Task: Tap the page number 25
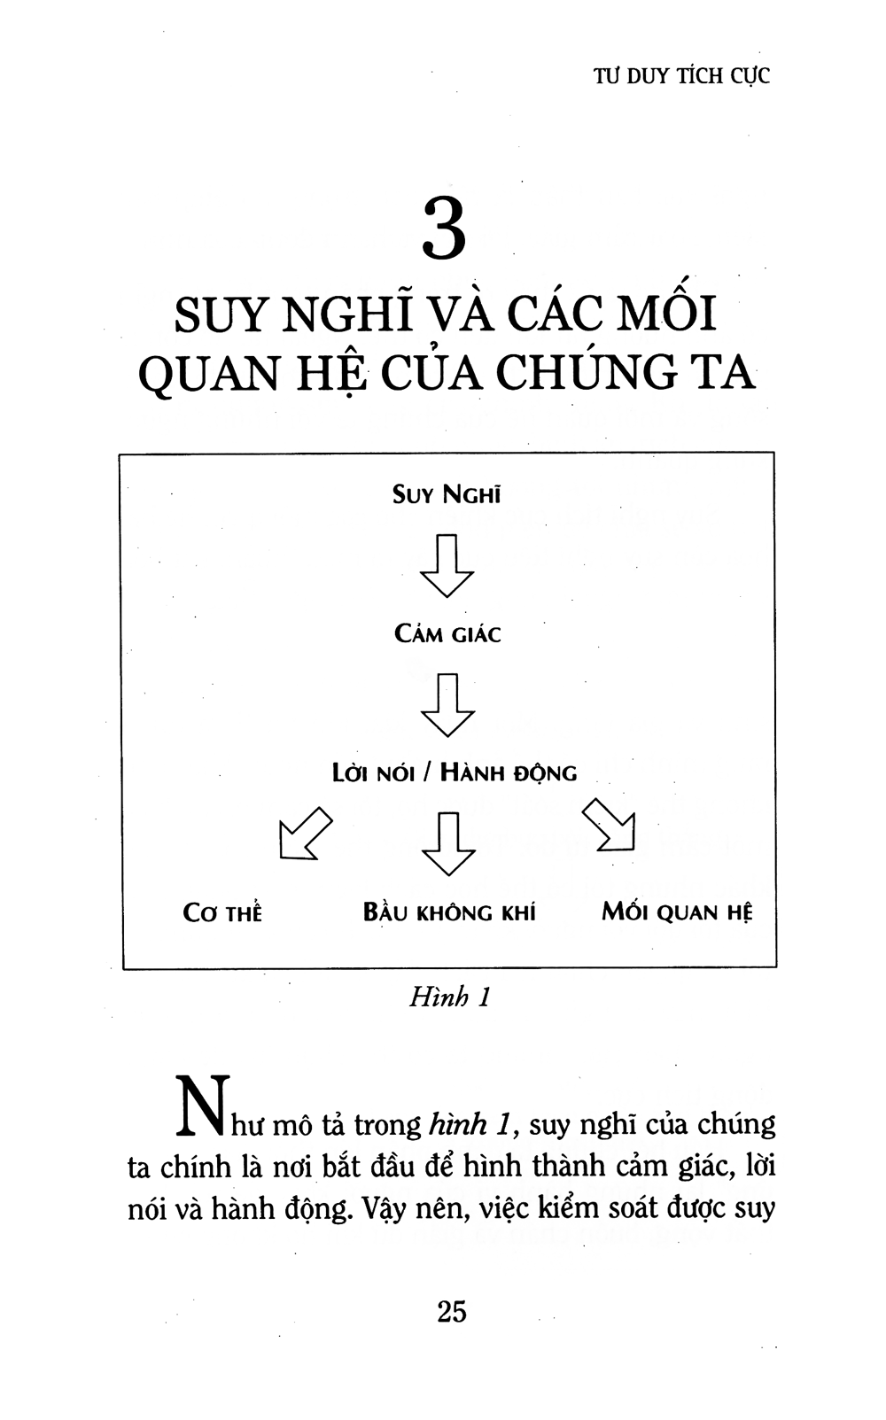[x=452, y=1311]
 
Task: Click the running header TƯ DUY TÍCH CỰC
[x=681, y=76]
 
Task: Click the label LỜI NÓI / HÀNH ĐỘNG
[x=455, y=772]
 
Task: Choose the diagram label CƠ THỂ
[x=222, y=912]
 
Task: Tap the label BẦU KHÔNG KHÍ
[x=449, y=912]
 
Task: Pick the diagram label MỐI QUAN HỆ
[x=677, y=912]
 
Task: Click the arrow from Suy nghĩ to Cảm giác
[x=447, y=565]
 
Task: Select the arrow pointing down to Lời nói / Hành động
[x=447, y=705]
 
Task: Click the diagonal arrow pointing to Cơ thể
[x=306, y=834]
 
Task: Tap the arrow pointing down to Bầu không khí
[x=448, y=843]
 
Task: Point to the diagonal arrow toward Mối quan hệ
[x=609, y=824]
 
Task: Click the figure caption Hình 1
[x=450, y=997]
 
